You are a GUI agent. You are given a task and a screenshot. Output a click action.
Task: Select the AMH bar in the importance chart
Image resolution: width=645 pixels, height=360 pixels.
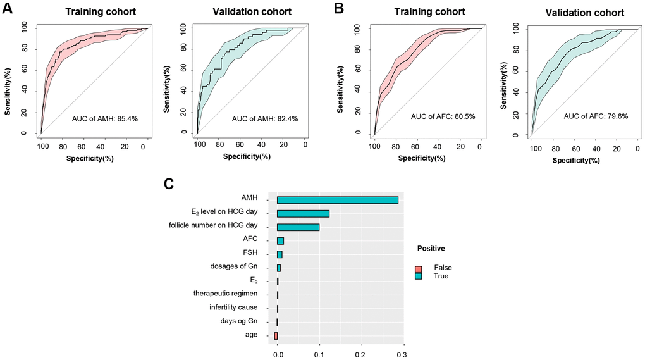[337, 200]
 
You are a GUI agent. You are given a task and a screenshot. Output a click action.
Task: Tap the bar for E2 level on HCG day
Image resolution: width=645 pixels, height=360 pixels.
[303, 213]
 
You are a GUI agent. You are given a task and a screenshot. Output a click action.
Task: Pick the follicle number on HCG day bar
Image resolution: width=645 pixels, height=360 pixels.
[298, 227]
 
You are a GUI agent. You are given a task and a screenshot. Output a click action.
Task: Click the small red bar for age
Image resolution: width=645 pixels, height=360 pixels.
[276, 335]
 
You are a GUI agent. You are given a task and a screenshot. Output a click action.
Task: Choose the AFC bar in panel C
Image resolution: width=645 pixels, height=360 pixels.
[280, 240]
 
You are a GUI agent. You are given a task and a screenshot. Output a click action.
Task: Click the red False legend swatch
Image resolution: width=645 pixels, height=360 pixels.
[418, 268]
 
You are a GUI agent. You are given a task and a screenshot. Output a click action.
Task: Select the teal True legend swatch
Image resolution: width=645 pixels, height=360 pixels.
[418, 276]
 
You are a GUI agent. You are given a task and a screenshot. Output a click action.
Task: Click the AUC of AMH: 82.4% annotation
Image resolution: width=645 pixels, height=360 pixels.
[264, 119]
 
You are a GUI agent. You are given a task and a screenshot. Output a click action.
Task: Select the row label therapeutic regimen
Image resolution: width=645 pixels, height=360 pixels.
[225, 294]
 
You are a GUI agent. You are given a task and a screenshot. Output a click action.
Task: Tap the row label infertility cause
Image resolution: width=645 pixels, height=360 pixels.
[233, 307]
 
